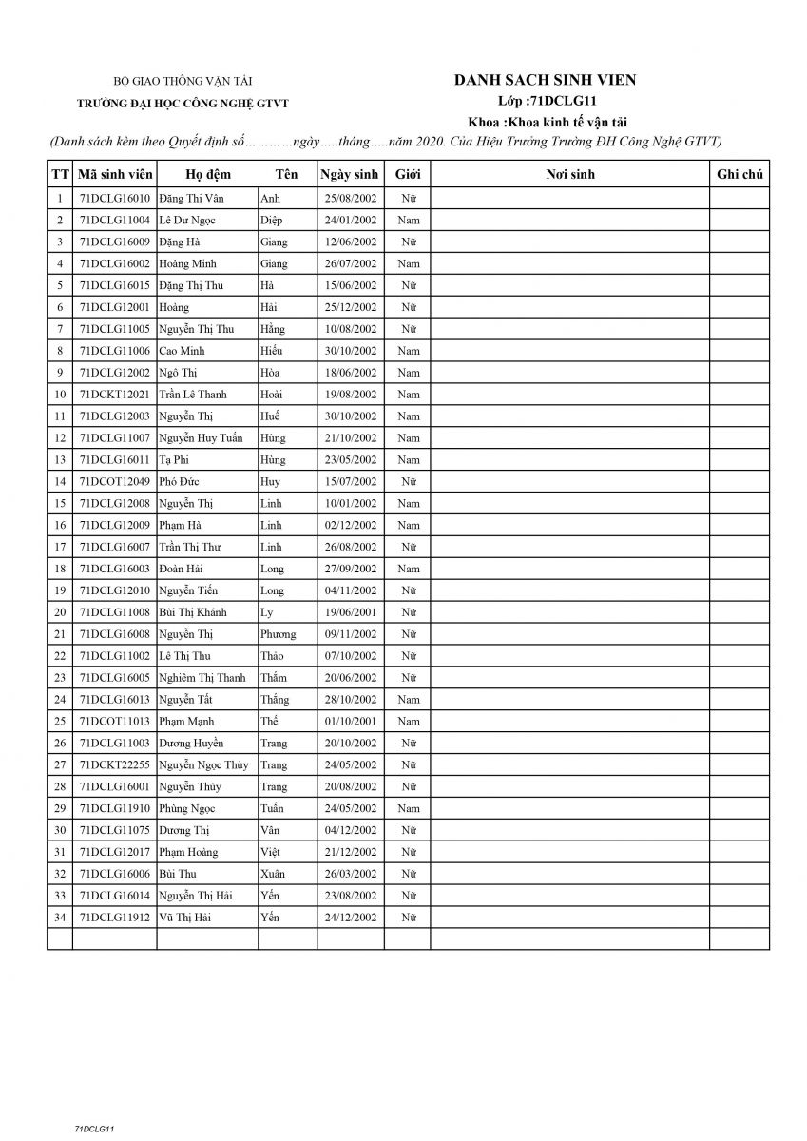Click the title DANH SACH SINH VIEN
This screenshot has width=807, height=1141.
tap(545, 81)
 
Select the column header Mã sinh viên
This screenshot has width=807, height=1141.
tap(114, 175)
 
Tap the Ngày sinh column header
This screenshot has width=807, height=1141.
tap(349, 175)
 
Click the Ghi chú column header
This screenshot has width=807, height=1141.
tap(740, 175)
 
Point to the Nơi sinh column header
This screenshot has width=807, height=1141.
tap(570, 175)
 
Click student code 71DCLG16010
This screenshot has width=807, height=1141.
tap(114, 199)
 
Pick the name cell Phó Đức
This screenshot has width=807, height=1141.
tap(180, 481)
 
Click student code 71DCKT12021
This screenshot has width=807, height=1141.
tap(114, 395)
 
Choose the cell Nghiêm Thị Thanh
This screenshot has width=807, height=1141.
tap(203, 678)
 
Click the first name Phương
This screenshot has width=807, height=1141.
tap(278, 634)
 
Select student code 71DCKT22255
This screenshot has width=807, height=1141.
tap(114, 764)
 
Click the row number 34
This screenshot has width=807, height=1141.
tap(60, 918)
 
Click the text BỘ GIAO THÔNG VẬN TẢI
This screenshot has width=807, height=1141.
tap(183, 83)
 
